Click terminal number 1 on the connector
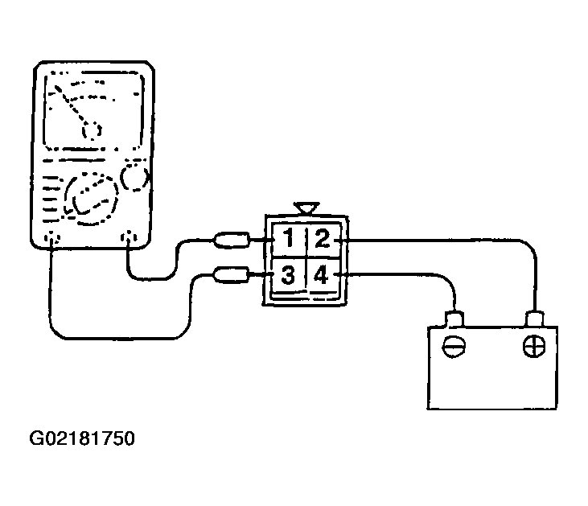coord(287,240)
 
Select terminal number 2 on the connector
coord(322,240)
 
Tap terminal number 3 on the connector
coord(287,276)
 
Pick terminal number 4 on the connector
coord(322,276)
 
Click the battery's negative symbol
coord(454,348)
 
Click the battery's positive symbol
coord(533,348)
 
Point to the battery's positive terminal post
coord(534,319)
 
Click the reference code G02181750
coord(81,439)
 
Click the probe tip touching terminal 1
coord(233,239)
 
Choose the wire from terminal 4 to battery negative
coord(402,275)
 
